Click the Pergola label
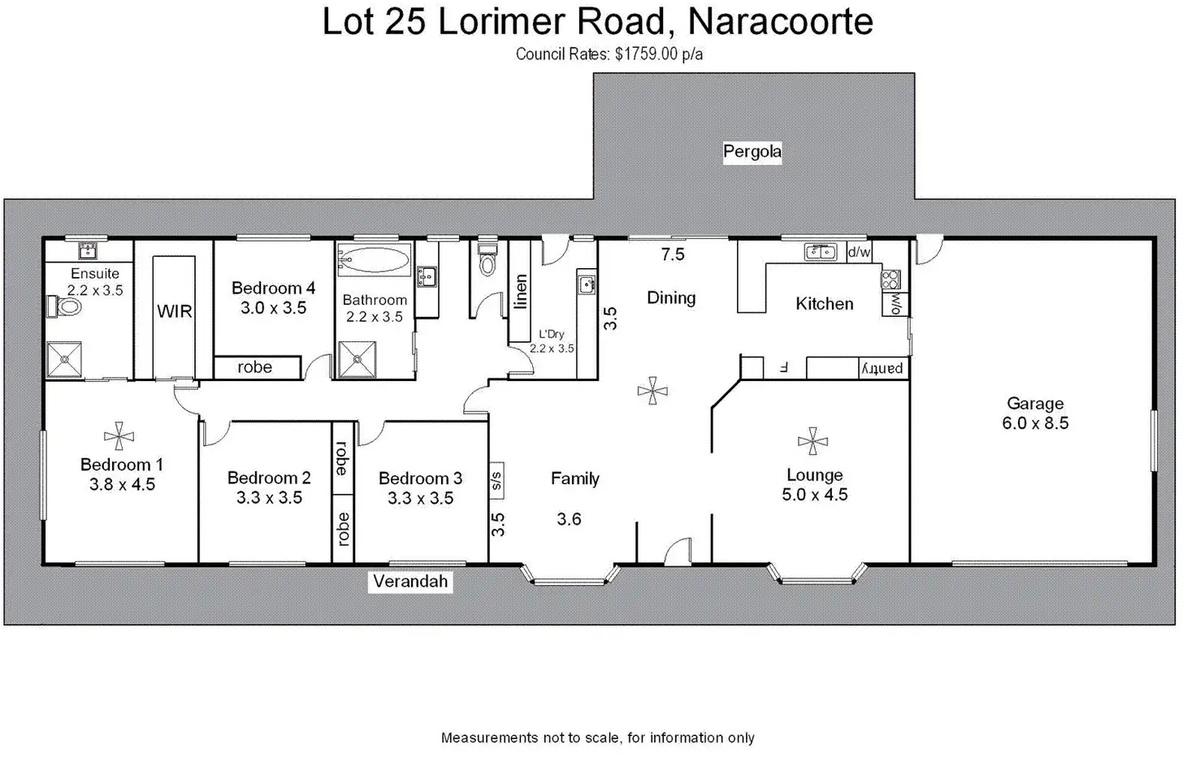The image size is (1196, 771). point(752,152)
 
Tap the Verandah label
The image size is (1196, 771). point(410,582)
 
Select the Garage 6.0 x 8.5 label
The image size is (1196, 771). point(1035,414)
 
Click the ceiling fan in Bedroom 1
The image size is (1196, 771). point(119,436)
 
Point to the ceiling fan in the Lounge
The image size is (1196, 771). point(812,442)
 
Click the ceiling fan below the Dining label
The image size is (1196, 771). point(652,392)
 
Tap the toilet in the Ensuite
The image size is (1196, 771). point(65,307)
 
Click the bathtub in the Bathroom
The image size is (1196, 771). point(373,260)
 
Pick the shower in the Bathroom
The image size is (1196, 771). point(357,360)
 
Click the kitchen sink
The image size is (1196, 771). point(821,252)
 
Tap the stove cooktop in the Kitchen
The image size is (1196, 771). point(891,279)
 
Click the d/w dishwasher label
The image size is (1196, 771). point(859,252)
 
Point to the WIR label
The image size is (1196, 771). point(175,311)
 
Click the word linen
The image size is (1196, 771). point(521,292)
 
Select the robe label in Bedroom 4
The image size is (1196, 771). point(254,367)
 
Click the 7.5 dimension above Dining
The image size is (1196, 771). point(673,255)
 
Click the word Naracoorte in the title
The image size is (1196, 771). point(780,22)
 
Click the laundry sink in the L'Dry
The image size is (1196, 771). point(587,285)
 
